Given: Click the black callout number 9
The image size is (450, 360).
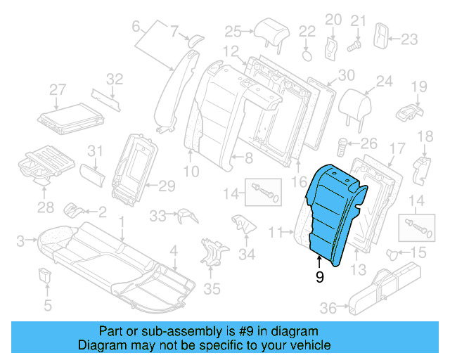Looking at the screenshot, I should tap(320, 278).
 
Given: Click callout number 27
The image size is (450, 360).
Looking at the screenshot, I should tap(58, 89).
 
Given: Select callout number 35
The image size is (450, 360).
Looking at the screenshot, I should tap(212, 288).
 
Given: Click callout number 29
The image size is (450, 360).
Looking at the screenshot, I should tap(166, 186).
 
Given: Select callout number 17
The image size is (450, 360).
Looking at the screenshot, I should tap(397, 149).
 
